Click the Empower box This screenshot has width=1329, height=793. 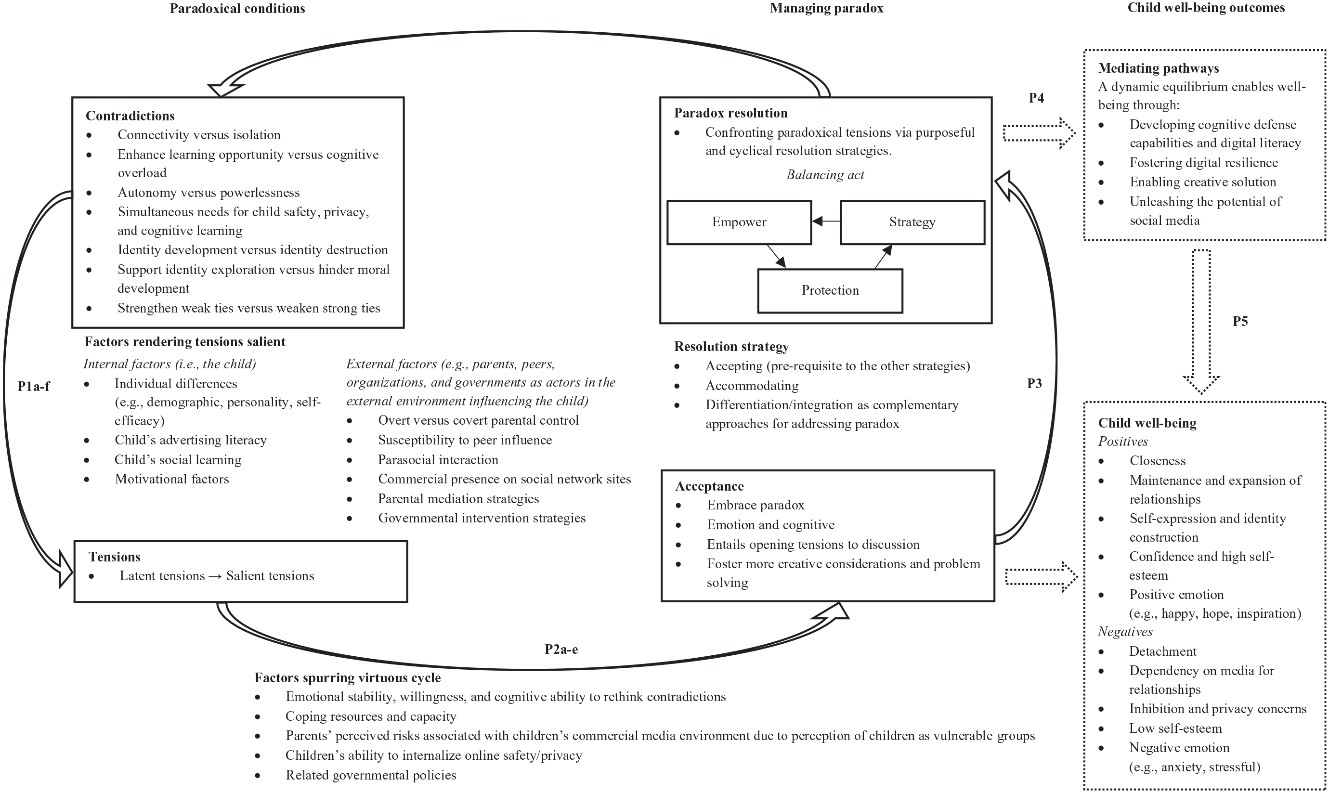739,222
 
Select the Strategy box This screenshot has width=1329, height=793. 912,222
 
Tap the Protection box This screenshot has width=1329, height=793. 830,291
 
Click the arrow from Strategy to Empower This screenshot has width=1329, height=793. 826,221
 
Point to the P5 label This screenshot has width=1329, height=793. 1240,321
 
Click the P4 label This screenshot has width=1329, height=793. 1036,98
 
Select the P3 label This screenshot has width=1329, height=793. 1034,383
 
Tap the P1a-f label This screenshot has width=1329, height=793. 34,386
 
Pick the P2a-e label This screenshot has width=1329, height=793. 561,649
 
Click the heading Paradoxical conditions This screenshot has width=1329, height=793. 237,9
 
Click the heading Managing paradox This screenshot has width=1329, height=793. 826,9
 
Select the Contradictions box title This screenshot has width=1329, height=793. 130,116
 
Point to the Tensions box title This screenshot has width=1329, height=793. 114,557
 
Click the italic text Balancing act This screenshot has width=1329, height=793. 825,175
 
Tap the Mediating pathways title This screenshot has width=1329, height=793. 1159,68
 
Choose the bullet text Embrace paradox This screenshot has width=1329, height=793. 755,505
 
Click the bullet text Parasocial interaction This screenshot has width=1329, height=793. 438,459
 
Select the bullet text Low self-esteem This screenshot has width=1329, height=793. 1175,728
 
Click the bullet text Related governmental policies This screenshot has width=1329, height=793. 371,775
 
